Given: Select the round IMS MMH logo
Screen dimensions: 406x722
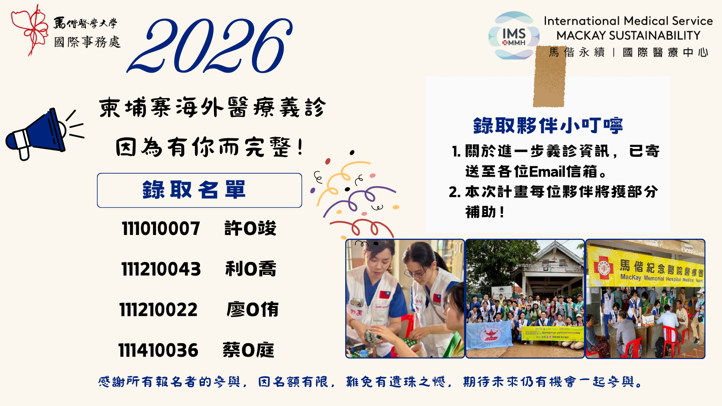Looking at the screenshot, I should [x=514, y=36].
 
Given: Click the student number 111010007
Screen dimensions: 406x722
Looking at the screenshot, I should [x=161, y=229].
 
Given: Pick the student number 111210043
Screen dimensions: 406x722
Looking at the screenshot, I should [x=161, y=269].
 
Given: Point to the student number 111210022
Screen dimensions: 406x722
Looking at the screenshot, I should [x=159, y=310].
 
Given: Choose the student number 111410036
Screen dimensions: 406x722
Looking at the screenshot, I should [x=158, y=350].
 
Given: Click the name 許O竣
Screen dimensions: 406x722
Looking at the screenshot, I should [x=250, y=229].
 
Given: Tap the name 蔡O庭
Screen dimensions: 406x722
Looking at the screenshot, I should [x=248, y=350].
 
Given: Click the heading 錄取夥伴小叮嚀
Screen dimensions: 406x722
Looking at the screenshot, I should [x=548, y=126].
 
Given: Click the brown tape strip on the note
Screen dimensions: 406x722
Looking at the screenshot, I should [x=550, y=77].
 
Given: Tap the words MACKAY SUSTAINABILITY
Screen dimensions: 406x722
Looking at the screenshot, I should [x=628, y=35].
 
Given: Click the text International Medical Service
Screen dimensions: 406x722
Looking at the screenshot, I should [x=628, y=21].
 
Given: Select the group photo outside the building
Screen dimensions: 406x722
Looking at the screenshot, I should [x=525, y=299].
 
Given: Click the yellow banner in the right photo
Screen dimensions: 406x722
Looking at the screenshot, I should [x=645, y=268].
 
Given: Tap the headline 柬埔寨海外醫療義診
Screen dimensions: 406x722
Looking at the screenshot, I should [x=212, y=108].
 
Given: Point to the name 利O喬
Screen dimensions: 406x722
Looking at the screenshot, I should [x=251, y=269].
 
